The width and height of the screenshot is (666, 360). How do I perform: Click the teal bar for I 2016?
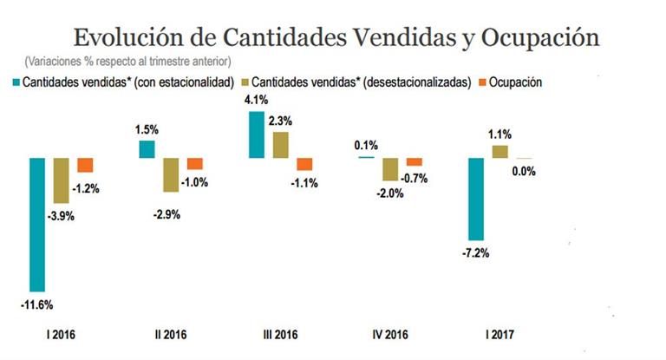37,224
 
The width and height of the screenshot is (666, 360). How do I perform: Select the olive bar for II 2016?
172,174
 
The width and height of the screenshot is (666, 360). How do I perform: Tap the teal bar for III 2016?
257,134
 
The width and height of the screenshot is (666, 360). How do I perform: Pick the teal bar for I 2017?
475,199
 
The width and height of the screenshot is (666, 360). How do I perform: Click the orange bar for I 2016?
85,165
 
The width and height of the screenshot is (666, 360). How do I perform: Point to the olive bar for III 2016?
281,144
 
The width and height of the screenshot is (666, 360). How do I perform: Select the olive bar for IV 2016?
390,168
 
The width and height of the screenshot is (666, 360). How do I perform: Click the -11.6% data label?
37,304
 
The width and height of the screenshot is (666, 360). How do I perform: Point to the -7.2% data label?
475,253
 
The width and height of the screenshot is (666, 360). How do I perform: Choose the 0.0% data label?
523,172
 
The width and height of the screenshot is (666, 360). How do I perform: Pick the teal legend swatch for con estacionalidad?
16,82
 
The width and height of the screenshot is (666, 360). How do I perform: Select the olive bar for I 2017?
499,151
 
